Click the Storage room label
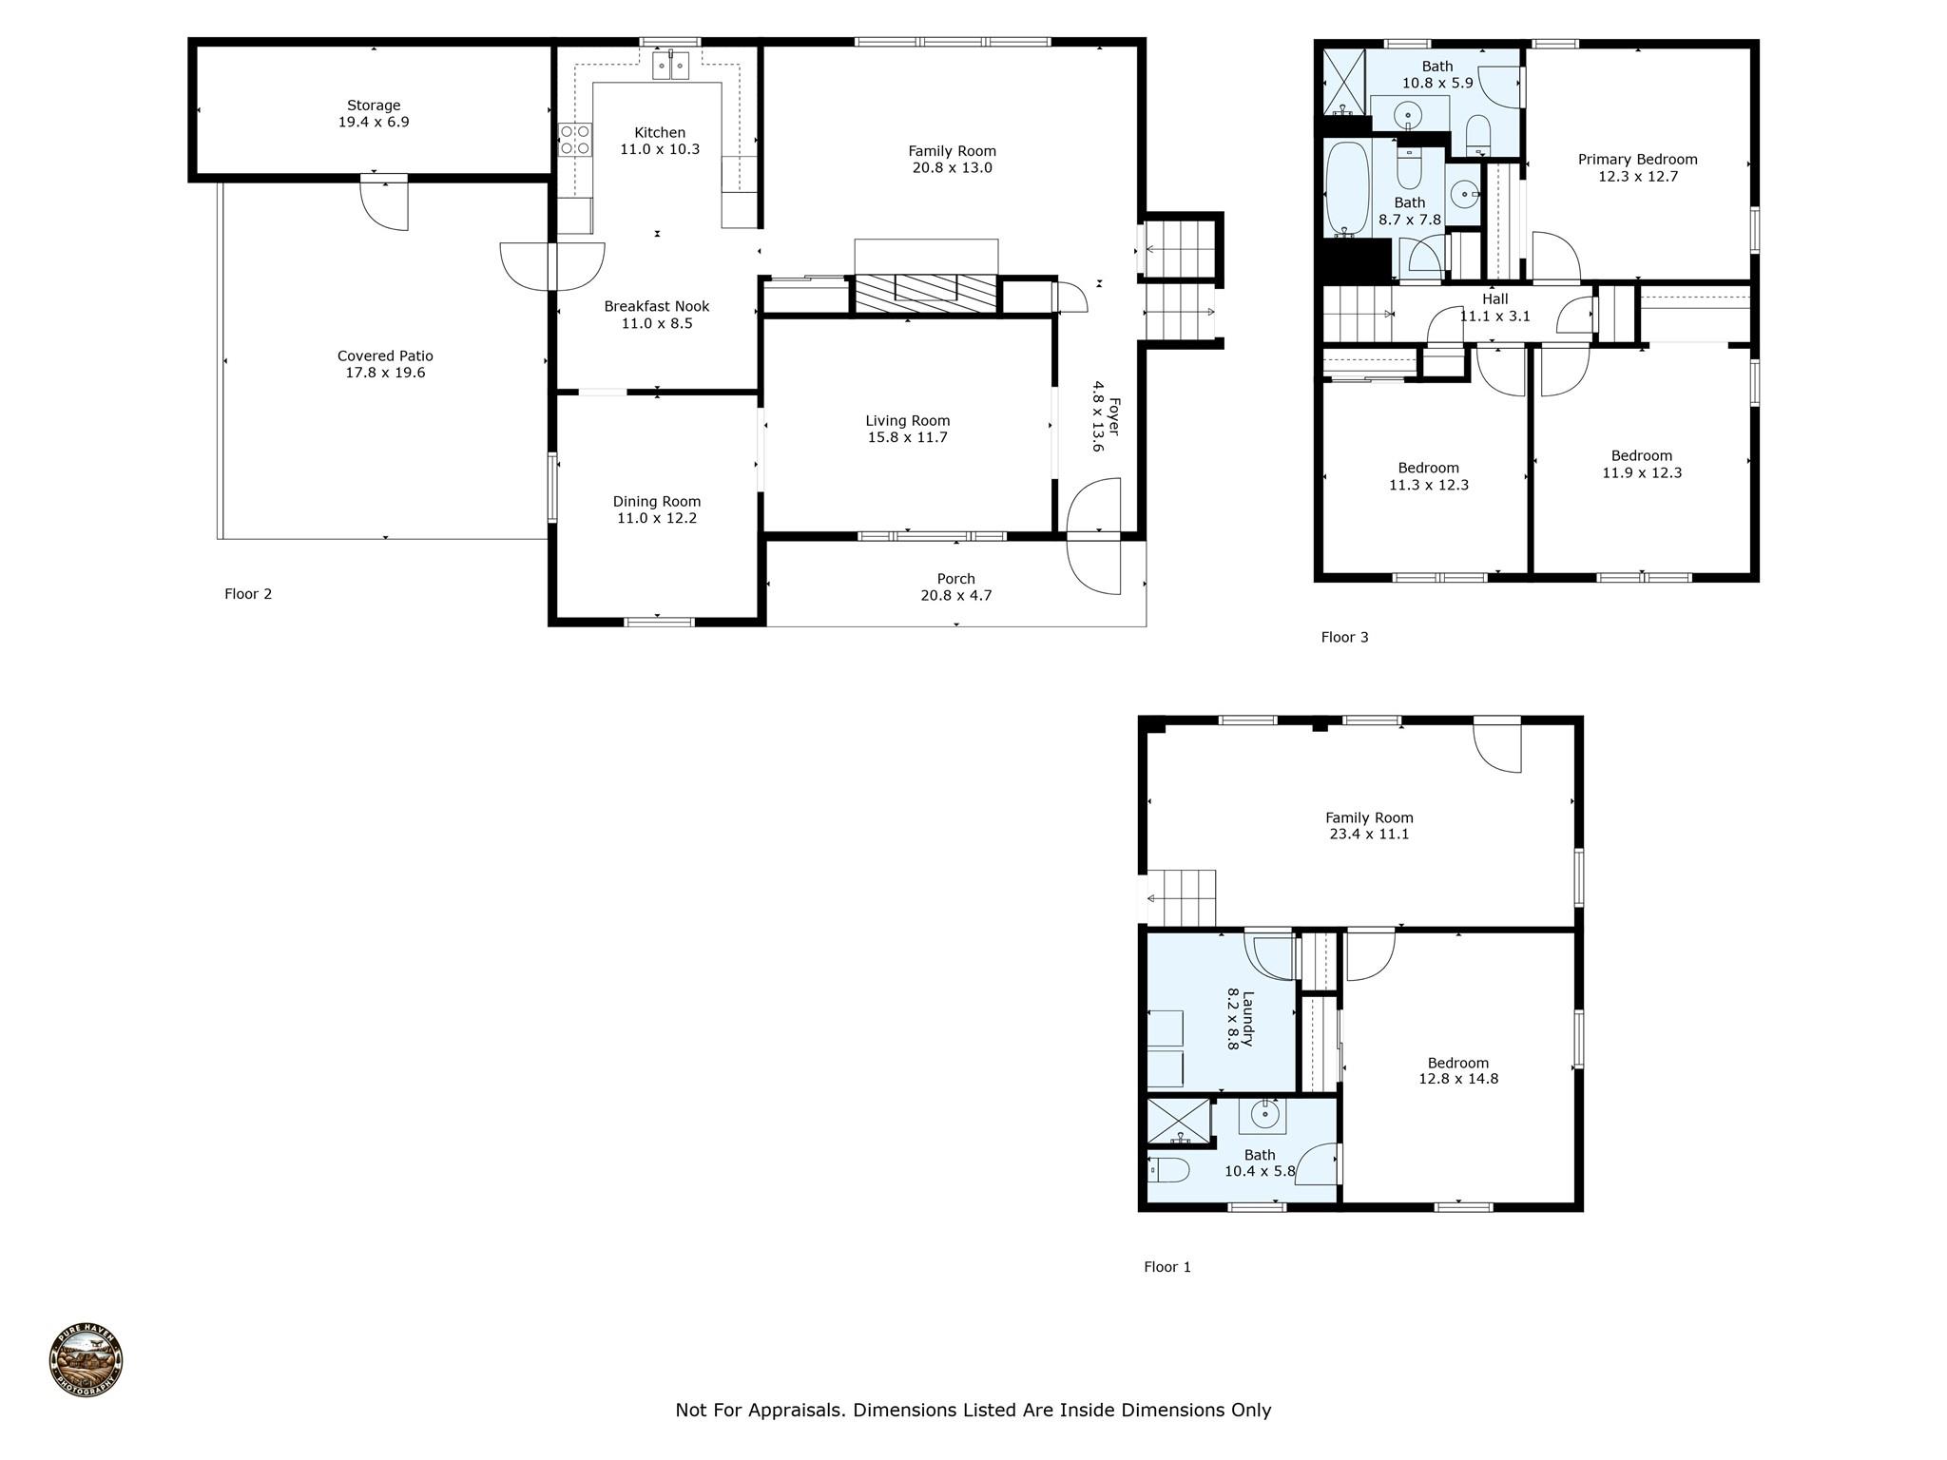374,106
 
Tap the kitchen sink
670,65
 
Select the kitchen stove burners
575,140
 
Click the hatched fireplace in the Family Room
926,293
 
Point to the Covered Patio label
385,356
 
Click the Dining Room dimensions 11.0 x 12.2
657,519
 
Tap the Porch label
956,579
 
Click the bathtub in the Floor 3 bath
1347,188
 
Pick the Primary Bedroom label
1638,160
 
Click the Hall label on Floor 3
1495,299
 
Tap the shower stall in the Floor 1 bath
1180,1123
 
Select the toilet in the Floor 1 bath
1169,1170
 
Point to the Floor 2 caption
248,594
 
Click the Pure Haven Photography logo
86,1360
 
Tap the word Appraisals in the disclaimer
796,1411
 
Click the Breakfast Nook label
657,307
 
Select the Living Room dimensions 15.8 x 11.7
908,438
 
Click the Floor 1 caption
1167,1267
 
